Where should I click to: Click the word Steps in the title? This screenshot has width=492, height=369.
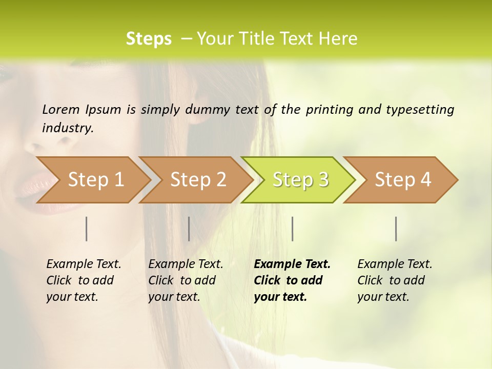(149, 39)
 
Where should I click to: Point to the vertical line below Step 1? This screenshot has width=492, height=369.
(87, 229)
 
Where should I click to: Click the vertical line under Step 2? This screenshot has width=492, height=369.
(189, 229)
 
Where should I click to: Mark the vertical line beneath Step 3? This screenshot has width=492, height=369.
(293, 229)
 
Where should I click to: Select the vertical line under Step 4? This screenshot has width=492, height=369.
(396, 229)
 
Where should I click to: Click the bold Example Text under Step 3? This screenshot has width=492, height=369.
(292, 280)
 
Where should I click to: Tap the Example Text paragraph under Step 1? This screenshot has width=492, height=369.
(84, 280)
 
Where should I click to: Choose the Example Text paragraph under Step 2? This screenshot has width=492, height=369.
(186, 280)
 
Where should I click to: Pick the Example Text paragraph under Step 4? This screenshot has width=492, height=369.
(395, 280)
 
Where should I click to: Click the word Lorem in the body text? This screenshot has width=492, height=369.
(61, 109)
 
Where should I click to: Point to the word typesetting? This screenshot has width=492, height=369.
(420, 110)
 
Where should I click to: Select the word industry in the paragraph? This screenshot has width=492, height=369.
(67, 128)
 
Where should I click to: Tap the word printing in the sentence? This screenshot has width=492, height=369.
(328, 110)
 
